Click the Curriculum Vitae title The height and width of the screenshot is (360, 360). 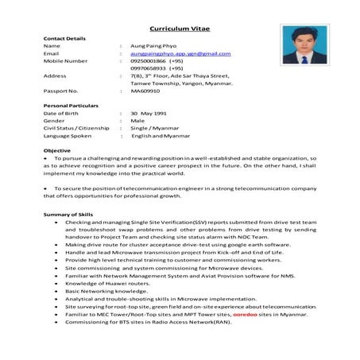coord(180,25)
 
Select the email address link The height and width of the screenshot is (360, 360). coord(180,53)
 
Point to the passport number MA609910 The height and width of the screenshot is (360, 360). coord(146,91)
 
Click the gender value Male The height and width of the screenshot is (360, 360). coord(137,121)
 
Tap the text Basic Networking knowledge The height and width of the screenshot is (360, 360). coord(101,291)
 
